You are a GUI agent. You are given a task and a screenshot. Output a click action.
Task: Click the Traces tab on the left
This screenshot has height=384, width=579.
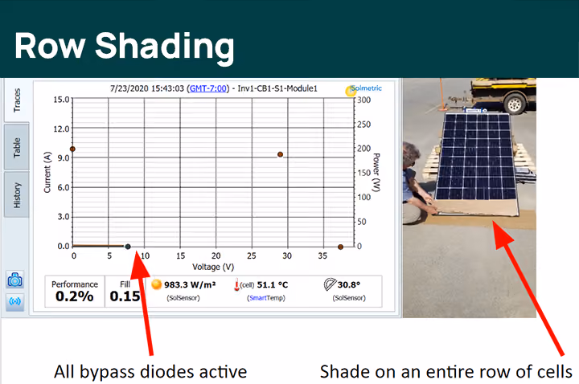17,100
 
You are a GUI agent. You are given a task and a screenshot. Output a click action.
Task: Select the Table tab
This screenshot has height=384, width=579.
17,147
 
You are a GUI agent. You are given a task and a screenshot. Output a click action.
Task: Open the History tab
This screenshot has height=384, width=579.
17,194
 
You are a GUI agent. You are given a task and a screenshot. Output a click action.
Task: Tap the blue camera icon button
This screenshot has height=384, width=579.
15,280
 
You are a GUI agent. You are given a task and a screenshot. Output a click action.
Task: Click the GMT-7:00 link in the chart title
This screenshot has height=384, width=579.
208,88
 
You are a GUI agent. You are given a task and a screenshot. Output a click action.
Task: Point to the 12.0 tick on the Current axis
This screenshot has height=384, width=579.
61,129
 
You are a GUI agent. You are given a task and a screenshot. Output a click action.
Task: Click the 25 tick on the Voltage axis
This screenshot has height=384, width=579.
252,255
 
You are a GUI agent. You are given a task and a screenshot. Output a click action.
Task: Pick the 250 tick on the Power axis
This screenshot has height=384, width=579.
363,125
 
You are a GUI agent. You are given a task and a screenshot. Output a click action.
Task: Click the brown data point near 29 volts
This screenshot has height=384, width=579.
281,154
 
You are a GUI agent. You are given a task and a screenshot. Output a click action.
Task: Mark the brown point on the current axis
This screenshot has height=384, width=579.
72,149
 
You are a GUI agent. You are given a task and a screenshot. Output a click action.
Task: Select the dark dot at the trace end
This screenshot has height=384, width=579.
128,247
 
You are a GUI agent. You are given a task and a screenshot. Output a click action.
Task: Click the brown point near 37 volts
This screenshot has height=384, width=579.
340,247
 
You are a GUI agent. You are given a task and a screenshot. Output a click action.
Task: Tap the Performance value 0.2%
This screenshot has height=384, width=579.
75,296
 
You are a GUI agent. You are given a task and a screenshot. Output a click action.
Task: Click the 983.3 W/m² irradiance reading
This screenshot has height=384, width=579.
190,284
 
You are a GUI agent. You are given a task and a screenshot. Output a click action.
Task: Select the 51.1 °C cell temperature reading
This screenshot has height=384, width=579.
272,284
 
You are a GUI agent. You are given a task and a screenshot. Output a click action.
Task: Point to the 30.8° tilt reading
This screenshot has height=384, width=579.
348,284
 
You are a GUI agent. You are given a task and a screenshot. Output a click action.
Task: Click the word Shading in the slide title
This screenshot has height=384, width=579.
165,47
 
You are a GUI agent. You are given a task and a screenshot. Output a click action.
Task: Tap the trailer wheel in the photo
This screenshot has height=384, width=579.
514,104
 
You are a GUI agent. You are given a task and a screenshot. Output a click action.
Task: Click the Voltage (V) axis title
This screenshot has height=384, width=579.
213,267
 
